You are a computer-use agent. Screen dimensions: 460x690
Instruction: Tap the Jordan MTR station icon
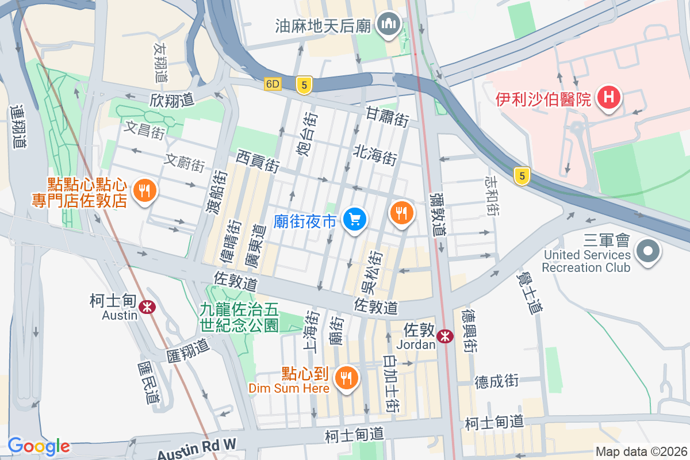[x=444, y=336]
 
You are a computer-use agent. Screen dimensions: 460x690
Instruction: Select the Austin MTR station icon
[x=148, y=307]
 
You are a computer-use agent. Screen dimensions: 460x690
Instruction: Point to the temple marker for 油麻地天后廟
[x=389, y=24]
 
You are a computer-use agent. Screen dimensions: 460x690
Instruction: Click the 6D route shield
[x=273, y=84]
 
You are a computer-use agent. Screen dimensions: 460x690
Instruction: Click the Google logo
[x=39, y=446]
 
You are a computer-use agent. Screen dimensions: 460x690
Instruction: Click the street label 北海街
[x=375, y=154]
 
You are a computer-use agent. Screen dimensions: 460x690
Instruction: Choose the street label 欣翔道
[x=171, y=99]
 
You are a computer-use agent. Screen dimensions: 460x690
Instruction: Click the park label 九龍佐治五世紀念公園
[x=239, y=317]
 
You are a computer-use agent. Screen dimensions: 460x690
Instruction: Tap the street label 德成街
[x=497, y=381]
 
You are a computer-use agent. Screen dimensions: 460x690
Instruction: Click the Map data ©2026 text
[x=641, y=451]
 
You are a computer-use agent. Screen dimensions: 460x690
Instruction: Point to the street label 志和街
[x=492, y=196]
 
